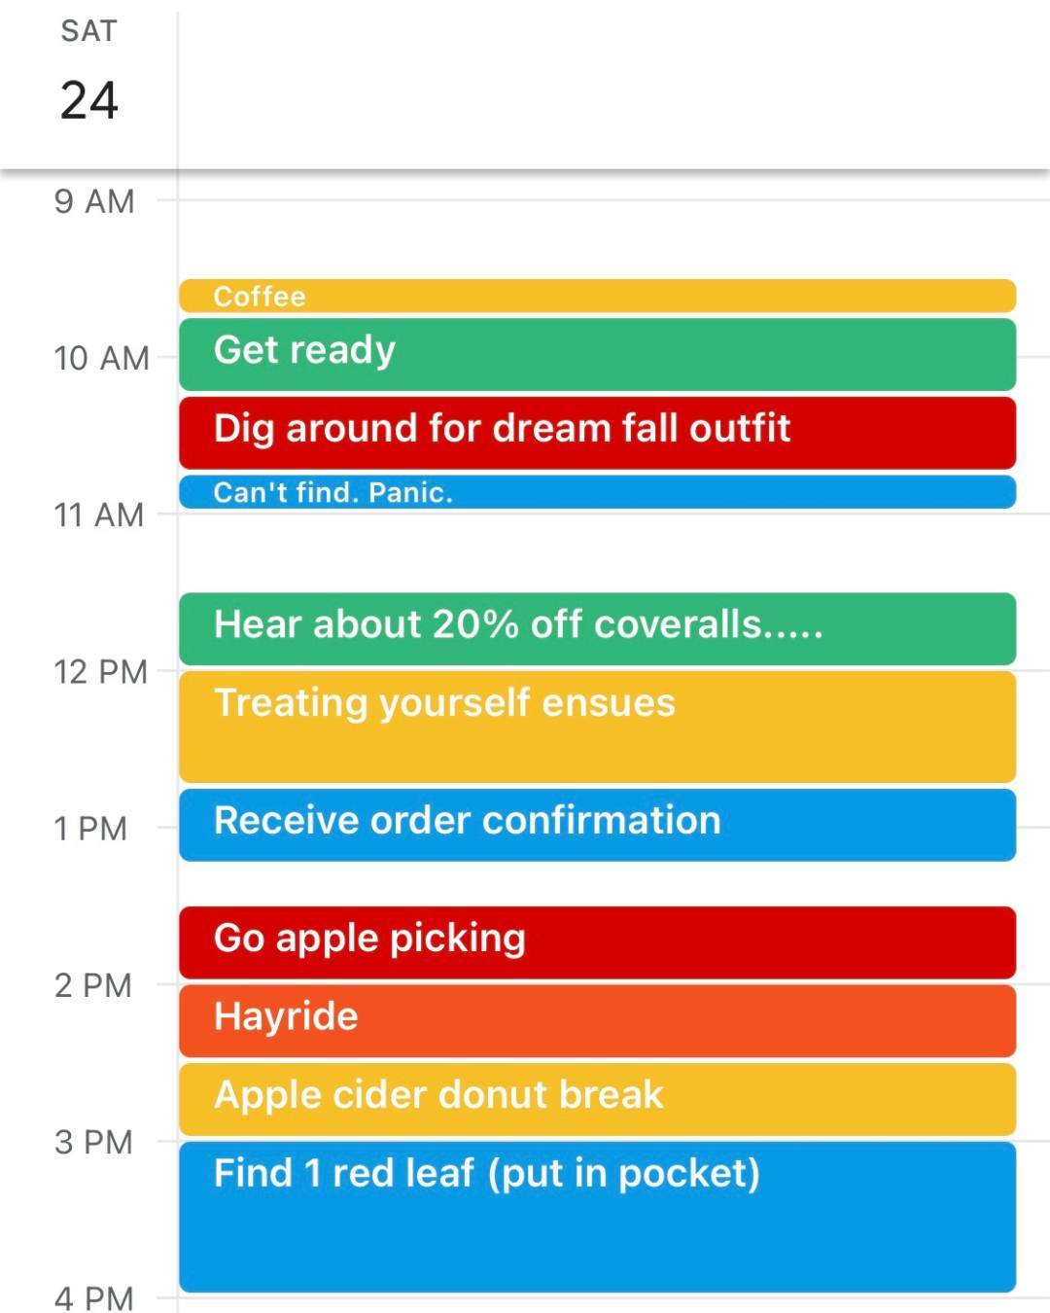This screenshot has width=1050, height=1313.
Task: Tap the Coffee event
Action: tap(597, 296)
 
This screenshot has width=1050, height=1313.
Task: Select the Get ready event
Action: tap(597, 354)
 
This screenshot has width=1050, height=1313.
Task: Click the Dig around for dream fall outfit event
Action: tap(597, 433)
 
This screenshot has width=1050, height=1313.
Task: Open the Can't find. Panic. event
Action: tap(597, 492)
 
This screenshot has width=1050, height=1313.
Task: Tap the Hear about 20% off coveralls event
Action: tap(597, 629)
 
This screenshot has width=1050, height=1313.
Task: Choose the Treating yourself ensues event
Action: tap(597, 727)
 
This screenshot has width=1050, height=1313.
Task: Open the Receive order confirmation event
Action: tap(597, 825)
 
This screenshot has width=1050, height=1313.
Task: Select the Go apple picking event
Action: tap(597, 942)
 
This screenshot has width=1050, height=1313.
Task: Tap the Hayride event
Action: tap(597, 1021)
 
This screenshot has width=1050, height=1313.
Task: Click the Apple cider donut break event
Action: tap(597, 1099)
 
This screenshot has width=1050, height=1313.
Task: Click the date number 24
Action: tap(89, 101)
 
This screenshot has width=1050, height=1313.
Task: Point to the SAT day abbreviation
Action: tap(89, 31)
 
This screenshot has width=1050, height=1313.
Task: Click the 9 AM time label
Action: tap(94, 201)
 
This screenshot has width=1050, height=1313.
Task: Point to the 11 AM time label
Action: tap(99, 515)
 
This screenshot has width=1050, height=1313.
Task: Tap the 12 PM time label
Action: tap(101, 672)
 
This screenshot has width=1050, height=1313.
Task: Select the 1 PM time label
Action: tap(91, 829)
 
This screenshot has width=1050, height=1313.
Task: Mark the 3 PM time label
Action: tap(93, 1142)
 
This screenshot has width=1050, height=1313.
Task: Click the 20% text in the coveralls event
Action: tap(475, 624)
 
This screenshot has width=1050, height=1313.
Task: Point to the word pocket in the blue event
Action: tap(689, 1175)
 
